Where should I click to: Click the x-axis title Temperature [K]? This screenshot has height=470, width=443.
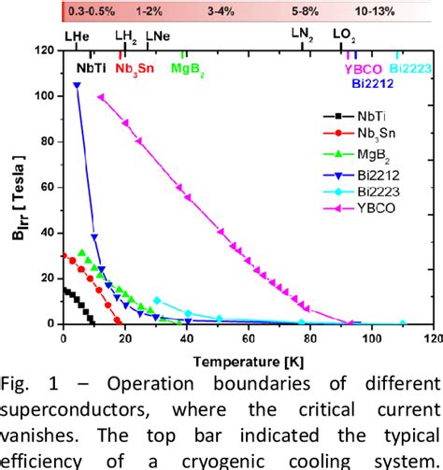coord(246,357)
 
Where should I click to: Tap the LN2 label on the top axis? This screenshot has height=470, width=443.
coord(303,34)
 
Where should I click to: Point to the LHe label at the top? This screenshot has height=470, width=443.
coord(78,34)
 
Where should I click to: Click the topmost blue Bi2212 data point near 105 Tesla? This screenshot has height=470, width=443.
coord(77,85)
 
